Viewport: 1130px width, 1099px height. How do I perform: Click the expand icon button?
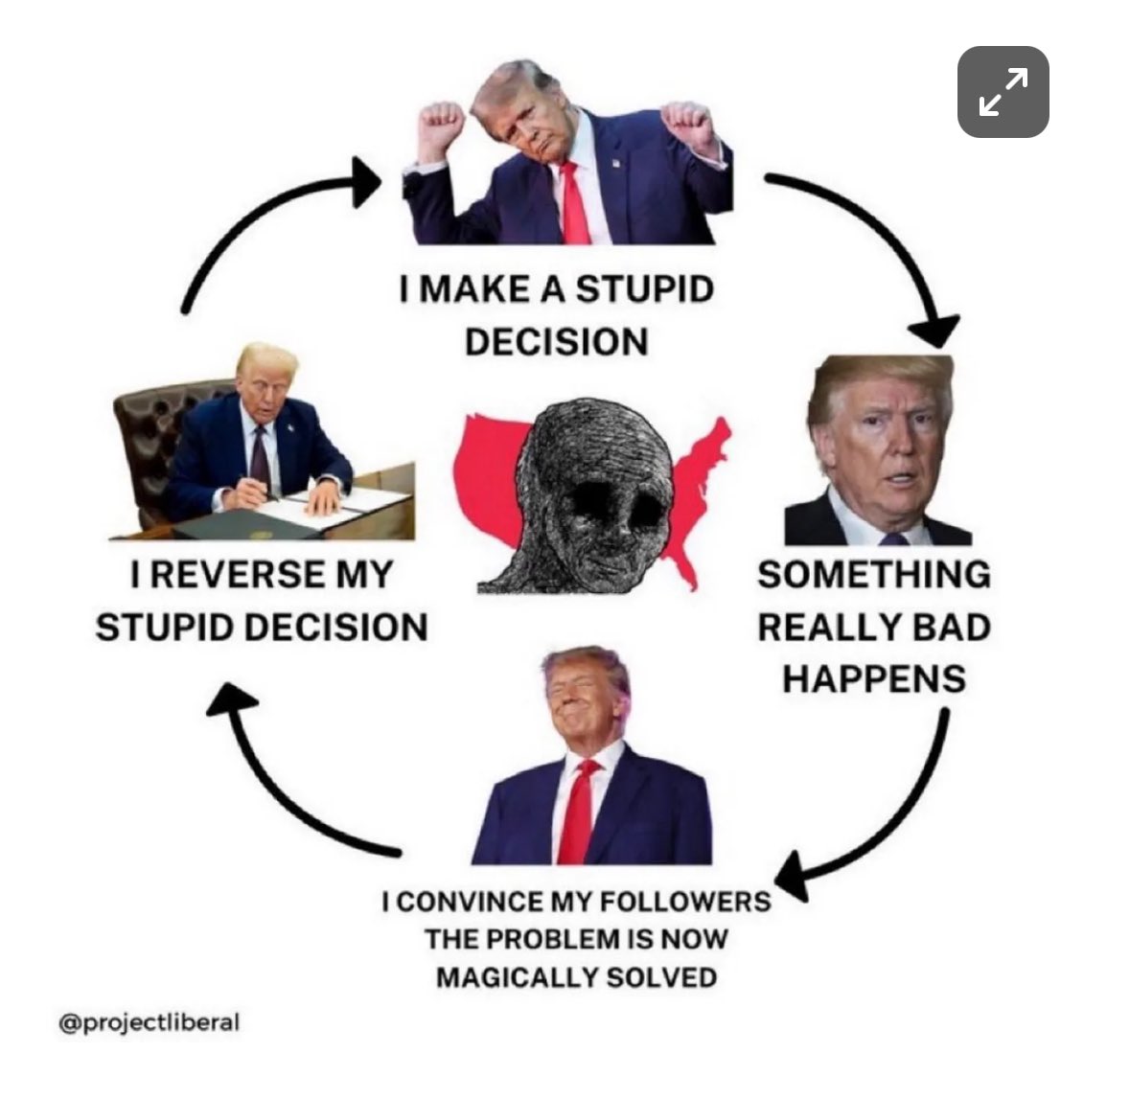pyautogui.click(x=1003, y=92)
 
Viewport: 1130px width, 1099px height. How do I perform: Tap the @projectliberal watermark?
pyautogui.click(x=150, y=1022)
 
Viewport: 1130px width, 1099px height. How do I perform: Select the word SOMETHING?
pyautogui.click(x=874, y=575)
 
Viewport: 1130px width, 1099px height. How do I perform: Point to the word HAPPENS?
pyautogui.click(x=874, y=679)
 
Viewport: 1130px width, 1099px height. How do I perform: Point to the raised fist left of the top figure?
pyautogui.click(x=442, y=127)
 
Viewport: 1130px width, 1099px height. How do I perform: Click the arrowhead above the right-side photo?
pyautogui.click(x=934, y=332)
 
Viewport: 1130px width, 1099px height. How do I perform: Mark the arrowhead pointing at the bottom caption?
pyautogui.click(x=793, y=876)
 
